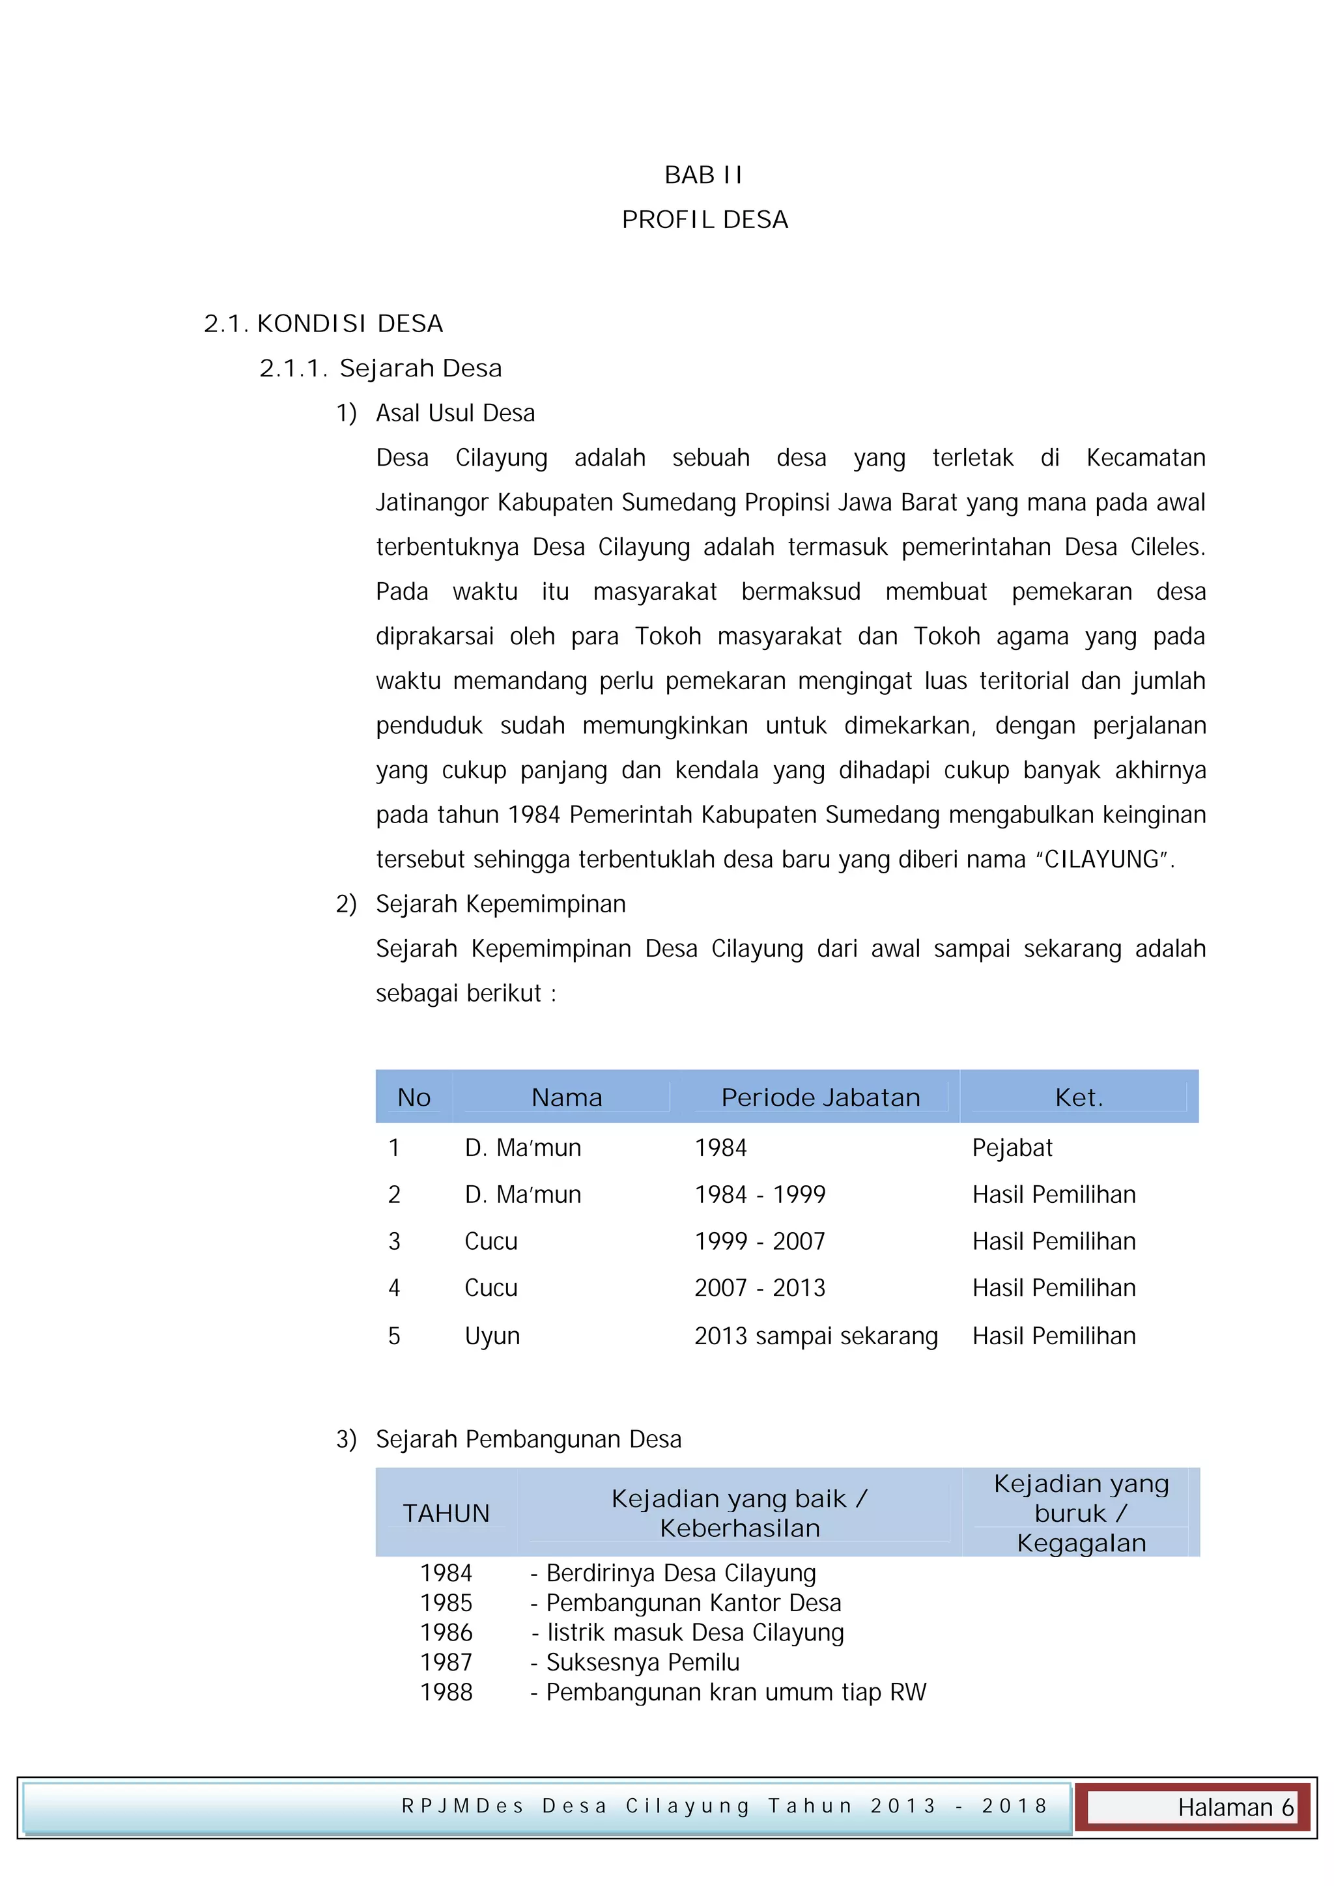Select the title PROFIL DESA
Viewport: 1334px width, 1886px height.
point(705,219)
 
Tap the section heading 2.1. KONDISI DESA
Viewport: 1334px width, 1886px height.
point(323,324)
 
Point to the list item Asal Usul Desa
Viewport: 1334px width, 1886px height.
point(455,412)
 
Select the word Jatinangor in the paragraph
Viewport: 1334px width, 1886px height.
point(431,502)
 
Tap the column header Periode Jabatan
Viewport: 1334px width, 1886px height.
point(820,1097)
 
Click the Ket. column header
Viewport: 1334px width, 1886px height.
point(1079,1097)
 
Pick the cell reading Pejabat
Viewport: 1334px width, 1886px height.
point(1012,1147)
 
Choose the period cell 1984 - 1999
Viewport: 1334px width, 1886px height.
point(760,1194)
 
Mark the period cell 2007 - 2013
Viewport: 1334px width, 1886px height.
point(760,1288)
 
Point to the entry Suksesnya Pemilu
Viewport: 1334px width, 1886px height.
point(642,1663)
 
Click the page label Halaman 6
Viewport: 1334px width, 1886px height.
point(1234,1807)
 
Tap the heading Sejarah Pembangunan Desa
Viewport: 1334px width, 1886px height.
point(528,1439)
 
